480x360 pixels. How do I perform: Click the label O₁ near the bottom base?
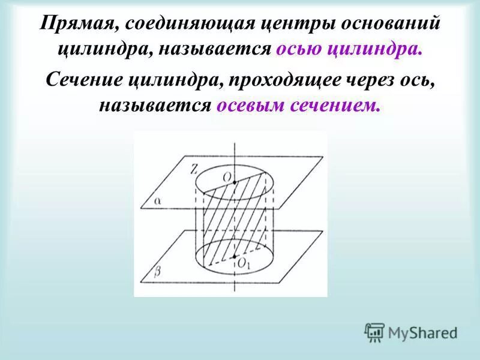(x=242, y=263)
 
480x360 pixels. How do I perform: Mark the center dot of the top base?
(x=235, y=181)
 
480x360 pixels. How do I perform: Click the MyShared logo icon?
(x=375, y=332)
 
